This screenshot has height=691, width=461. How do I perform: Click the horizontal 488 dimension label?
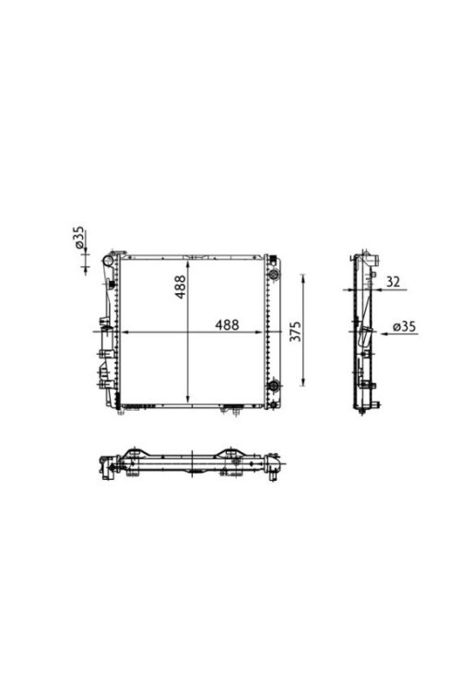click(x=227, y=324)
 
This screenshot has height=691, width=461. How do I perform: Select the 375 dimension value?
click(x=296, y=332)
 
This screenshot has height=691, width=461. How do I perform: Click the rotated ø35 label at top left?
click(x=80, y=240)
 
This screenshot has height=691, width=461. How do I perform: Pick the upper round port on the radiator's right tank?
click(x=272, y=275)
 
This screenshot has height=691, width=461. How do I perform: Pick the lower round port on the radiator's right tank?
click(x=272, y=386)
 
